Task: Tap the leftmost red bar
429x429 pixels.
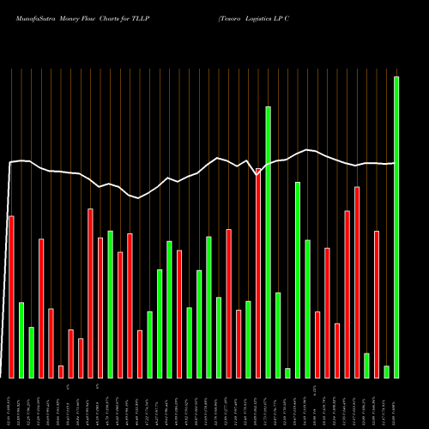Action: [x=11, y=296]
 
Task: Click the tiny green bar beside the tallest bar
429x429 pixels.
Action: [x=387, y=372]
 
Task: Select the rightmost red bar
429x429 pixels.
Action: [x=377, y=304]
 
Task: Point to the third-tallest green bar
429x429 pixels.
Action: [x=298, y=280]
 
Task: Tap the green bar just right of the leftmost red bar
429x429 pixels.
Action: [x=21, y=340]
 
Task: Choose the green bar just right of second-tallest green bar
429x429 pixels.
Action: [x=278, y=335]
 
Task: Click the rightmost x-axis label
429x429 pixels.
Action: [x=396, y=403]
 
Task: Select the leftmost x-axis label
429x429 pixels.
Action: [x=11, y=403]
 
